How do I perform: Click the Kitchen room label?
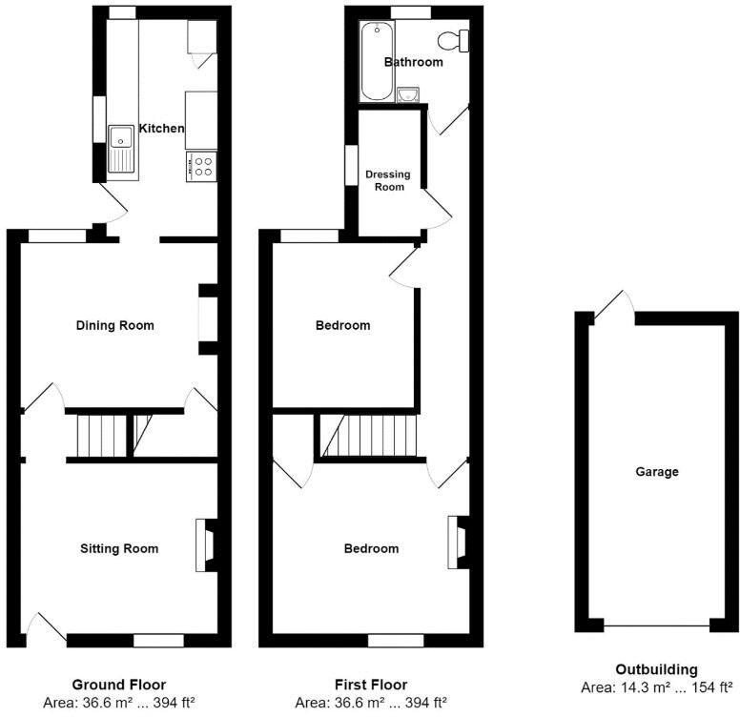[161, 129]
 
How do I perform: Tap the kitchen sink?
[122, 150]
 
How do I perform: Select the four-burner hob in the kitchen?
[201, 167]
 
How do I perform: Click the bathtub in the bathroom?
[376, 62]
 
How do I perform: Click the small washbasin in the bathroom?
[408, 94]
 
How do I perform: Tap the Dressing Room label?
[388, 180]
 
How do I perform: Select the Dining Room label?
[114, 325]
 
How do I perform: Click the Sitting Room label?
[118, 548]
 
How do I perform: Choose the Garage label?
[657, 471]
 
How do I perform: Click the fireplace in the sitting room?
[204, 545]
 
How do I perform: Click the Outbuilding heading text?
[656, 669]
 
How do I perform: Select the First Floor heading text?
[370, 685]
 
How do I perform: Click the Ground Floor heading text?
[118, 685]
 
